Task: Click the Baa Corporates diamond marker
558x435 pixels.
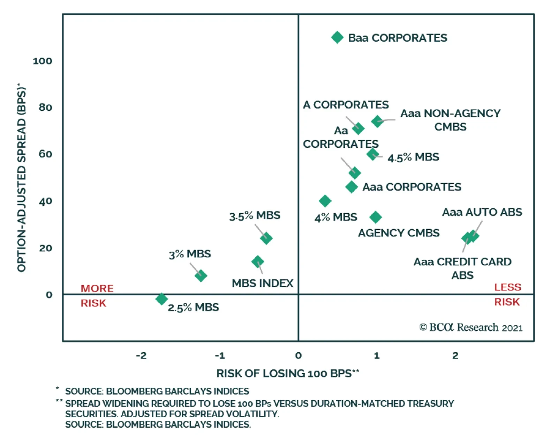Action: [x=337, y=37]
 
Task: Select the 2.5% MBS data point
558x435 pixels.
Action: [x=161, y=299]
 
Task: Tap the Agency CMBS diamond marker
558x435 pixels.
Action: [x=376, y=217]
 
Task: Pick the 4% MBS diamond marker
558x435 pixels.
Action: [x=325, y=201]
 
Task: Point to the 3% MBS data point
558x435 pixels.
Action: [x=201, y=275]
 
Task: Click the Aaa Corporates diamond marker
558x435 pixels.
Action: [x=352, y=187]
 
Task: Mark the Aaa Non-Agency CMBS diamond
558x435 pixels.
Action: [x=377, y=121]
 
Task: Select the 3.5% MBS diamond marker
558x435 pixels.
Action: [x=266, y=238]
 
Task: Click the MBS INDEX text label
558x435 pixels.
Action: [x=263, y=283]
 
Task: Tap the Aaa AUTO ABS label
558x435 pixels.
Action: [x=482, y=212]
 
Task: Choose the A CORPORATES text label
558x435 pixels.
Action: [x=346, y=105]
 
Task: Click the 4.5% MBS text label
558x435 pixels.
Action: [x=413, y=157]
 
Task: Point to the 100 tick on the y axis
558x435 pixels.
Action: [x=42, y=61]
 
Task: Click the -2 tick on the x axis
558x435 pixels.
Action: [x=141, y=356]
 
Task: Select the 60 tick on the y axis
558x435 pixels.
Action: [x=45, y=154]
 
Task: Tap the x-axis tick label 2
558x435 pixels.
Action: [x=455, y=356]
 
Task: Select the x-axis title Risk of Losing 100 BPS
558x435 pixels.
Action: [x=288, y=374]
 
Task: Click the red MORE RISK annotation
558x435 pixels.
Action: [x=97, y=295]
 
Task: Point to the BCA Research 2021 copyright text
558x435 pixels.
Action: [x=471, y=327]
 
